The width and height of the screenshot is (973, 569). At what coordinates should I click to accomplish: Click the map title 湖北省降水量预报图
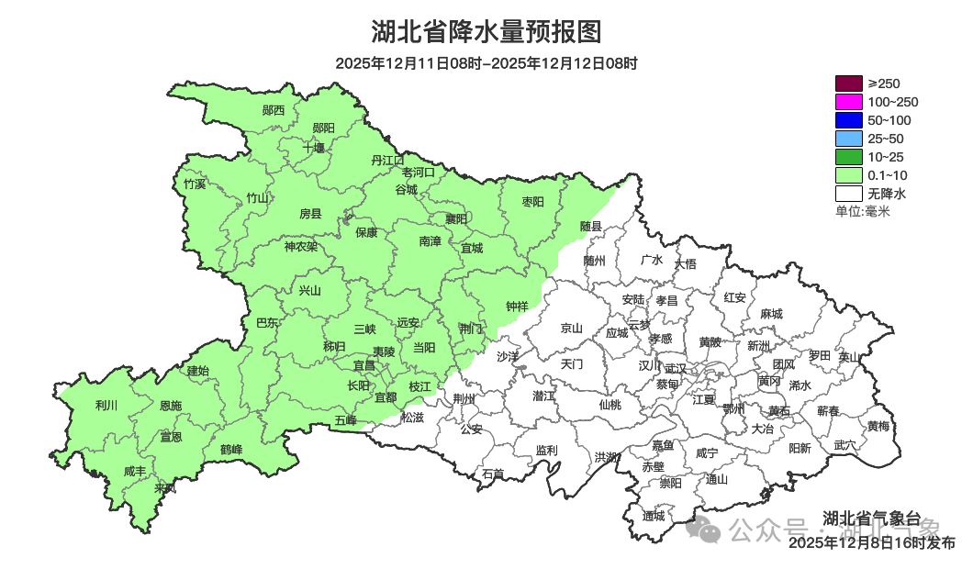coord(486,32)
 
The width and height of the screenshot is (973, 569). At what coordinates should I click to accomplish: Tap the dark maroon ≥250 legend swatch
coord(848,84)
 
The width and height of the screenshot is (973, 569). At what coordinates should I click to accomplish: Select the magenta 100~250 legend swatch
coord(848,102)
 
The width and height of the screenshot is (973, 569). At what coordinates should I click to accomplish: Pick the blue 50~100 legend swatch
coord(848,120)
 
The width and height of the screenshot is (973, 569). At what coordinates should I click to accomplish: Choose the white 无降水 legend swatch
coord(848,194)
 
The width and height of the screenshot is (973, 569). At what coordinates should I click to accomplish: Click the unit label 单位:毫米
coord(862,211)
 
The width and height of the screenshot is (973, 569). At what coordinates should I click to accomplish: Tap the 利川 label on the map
coord(106,405)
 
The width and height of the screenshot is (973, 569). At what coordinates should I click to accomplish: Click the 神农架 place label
coord(300,246)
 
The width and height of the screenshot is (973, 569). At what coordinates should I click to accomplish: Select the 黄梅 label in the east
coord(878,426)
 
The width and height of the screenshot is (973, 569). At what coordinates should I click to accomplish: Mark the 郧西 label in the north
coord(274,110)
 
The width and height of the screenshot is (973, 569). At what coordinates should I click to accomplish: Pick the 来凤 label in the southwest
coord(166,487)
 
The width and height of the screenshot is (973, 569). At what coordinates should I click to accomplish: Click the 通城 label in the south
coord(654,516)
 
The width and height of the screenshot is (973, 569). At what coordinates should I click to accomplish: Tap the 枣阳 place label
coord(532,201)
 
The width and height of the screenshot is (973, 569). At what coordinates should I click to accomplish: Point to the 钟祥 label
coord(518,306)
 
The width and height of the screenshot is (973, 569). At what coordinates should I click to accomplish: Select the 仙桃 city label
coord(610,404)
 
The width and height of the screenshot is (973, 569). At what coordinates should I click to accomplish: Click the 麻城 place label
coord(771,313)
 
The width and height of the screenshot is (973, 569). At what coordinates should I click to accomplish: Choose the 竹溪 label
coord(195,184)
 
